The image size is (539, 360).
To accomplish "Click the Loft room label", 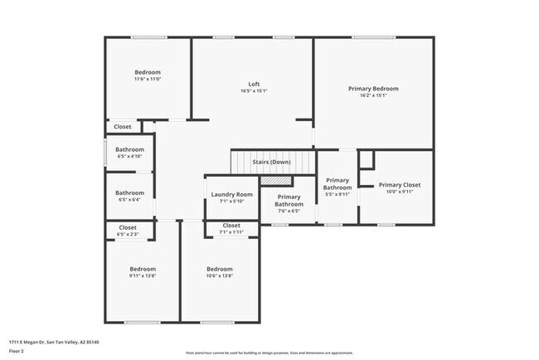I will coord(255,84).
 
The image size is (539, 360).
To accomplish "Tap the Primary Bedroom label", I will coord(373,89).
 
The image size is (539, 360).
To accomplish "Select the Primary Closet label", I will coord(400,185).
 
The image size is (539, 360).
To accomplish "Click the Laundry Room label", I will coord(232,194).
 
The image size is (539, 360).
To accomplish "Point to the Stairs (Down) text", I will coord(271,162).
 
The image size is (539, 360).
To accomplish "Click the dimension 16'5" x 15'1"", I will coord(255,91).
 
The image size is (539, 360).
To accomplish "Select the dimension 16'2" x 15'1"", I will coord(373,95).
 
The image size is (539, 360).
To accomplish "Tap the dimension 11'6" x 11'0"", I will coord(147,79).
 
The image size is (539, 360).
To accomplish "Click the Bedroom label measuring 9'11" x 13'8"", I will coord(142,269).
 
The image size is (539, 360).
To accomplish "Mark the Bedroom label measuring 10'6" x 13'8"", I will coord(219,269).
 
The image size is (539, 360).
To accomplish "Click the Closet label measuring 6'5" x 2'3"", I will coord(128,227).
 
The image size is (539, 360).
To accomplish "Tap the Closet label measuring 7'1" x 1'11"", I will coord(231,225).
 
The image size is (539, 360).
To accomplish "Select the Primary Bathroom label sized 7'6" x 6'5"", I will coord(289,200).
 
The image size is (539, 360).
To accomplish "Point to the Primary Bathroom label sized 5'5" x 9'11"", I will coord(337,183).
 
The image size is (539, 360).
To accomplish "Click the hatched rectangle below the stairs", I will coord(282,179).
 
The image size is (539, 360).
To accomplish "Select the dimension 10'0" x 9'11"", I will coord(400,192).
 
